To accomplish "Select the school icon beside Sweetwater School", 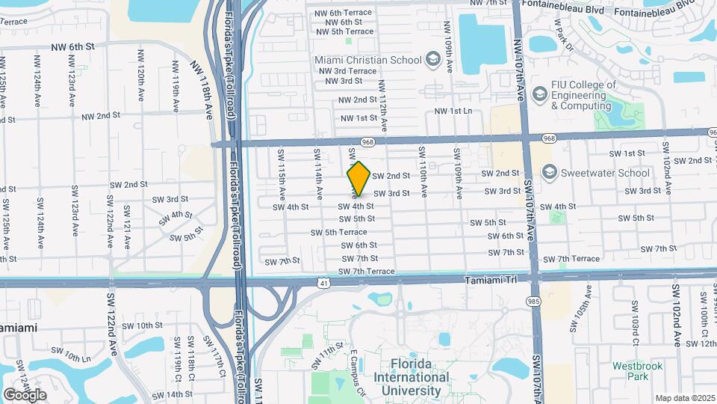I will (550, 173).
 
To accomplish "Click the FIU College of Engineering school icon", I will (539, 95).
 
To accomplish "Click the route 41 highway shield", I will (323, 284).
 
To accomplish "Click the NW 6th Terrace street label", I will (344, 13).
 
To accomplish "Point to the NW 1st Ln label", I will (454, 111).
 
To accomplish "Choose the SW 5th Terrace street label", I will (339, 232).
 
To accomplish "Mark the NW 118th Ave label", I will (199, 91).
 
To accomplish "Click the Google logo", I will (25, 394).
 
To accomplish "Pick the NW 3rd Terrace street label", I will (347, 71).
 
